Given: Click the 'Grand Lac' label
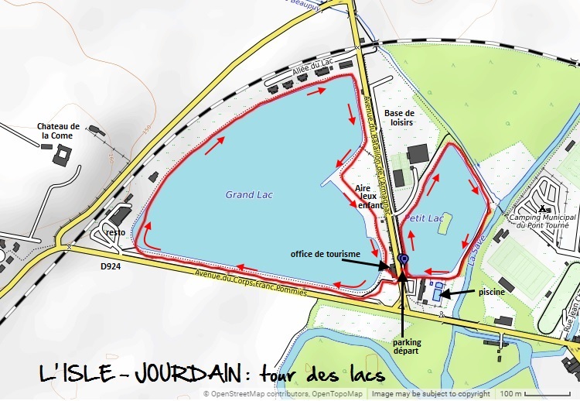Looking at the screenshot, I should (x=249, y=195).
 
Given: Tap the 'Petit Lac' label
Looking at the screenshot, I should (x=425, y=219).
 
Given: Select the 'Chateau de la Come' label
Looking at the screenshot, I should (x=58, y=131).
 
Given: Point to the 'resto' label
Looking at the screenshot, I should (x=116, y=232).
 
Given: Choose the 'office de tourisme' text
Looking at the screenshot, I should (x=325, y=254).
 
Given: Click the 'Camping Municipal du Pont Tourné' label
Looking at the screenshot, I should (x=541, y=222).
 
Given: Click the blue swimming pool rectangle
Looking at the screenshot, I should (x=438, y=295).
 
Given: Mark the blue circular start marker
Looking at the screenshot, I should (x=403, y=259).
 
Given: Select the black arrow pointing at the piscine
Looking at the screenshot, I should (x=457, y=293).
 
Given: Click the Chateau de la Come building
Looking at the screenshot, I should (x=61, y=154).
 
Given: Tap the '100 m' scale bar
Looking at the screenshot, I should (x=533, y=393).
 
